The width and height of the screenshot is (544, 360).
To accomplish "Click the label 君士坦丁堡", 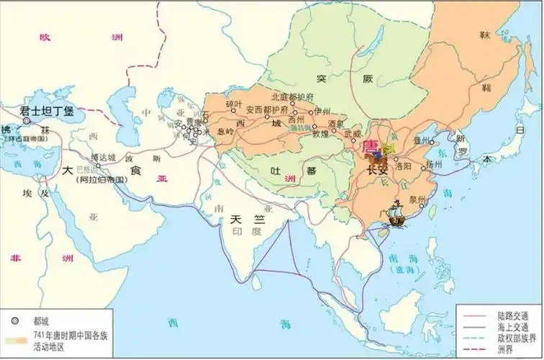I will [x=46, y=112].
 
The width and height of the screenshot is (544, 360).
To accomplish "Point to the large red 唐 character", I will [x=371, y=147].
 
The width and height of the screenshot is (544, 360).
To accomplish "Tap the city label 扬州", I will [x=433, y=164].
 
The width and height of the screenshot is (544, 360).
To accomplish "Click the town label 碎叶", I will [x=234, y=104].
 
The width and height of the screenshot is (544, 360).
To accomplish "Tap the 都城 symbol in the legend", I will [x=14, y=321].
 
